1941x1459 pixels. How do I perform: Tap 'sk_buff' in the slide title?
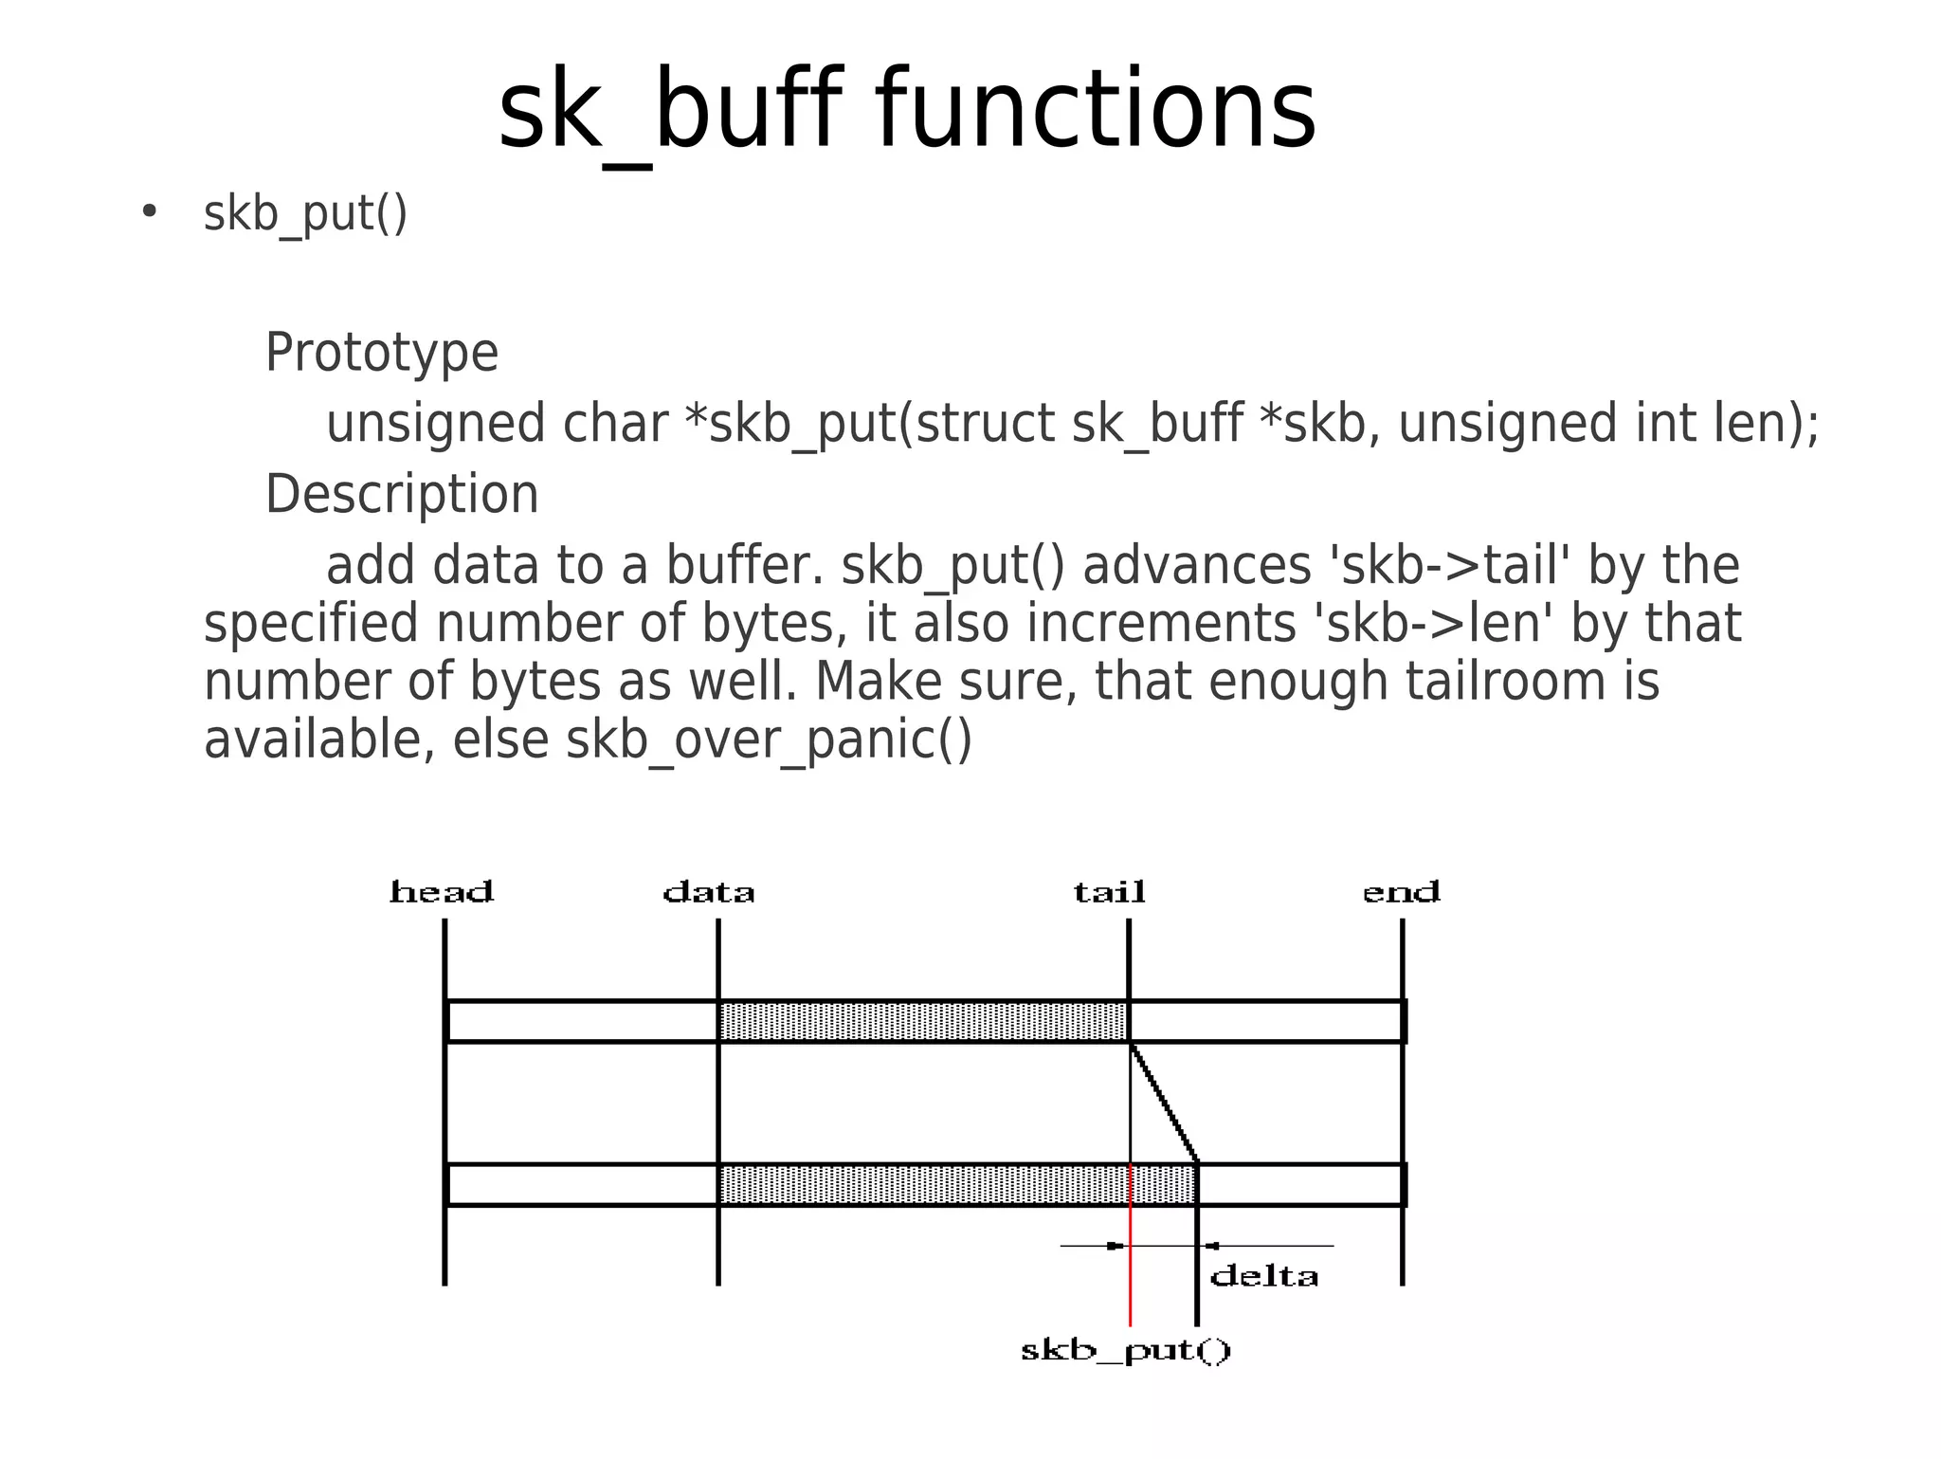coord(669,112)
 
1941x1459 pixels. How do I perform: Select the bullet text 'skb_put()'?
coord(305,213)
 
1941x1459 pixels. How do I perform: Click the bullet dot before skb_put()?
coord(149,211)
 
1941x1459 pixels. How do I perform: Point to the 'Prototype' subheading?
coord(381,353)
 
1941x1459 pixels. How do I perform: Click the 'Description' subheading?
coord(402,494)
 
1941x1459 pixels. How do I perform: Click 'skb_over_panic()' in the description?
coord(769,739)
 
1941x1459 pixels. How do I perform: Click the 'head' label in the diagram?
coord(442,892)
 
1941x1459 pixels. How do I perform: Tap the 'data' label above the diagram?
coord(709,892)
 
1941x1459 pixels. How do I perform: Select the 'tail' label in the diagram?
coord(1109,892)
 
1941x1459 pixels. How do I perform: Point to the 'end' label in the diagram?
coord(1401,892)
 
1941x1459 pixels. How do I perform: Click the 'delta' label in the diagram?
coord(1264,1276)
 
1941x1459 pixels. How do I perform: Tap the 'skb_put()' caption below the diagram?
coord(1126,1350)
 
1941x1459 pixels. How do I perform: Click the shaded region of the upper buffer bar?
coord(923,1021)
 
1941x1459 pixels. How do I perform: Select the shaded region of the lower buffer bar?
coord(957,1185)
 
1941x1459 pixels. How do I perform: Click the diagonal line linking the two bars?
coord(1164,1103)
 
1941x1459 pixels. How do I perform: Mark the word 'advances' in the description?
coord(1197,566)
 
